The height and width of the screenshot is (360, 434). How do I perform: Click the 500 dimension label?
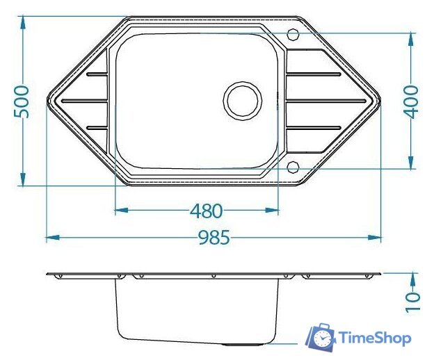22,101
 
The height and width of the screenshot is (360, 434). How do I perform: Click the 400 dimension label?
411,102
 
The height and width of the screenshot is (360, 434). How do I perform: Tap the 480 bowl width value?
206,211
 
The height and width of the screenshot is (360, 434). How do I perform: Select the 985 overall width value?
214,238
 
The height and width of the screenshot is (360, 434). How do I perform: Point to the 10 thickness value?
412,302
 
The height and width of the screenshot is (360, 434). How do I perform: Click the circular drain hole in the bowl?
243,101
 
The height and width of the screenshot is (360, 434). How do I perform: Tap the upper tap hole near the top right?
293,35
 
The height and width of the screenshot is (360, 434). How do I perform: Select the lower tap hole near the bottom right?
293,167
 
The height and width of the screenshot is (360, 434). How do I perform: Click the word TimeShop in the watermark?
375,338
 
